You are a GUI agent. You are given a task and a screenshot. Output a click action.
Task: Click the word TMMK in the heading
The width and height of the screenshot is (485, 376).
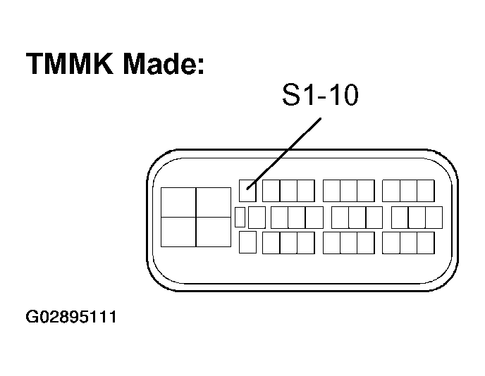pos(70,63)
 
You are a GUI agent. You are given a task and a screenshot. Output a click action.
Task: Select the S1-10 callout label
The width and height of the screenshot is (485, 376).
pos(321,94)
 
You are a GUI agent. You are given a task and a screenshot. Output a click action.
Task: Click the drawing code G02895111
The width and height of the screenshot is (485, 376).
pos(71,317)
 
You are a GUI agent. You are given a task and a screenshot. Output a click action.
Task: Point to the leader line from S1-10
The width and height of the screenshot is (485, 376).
pos(283,153)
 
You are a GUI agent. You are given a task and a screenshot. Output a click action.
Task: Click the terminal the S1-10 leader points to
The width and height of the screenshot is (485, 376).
pos(247,191)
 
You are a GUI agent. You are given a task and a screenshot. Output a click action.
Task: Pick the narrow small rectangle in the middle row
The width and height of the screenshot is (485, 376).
pos(240,217)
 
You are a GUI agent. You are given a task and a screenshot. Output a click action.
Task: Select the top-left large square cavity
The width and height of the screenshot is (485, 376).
pos(178,202)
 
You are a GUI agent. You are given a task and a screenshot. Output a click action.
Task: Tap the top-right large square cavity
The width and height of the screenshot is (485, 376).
pos(214,202)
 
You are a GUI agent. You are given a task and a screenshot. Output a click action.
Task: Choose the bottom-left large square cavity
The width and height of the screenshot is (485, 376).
pos(178,232)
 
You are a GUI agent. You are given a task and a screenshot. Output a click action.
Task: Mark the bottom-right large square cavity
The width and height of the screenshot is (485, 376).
pos(214,232)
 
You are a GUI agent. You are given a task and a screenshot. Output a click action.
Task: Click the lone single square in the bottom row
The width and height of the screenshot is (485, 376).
pos(247,242)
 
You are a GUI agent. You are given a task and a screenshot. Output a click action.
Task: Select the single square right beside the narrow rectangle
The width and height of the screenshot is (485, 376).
pos(257,218)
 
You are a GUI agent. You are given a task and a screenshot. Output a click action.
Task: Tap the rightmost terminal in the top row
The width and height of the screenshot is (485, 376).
pos(426,191)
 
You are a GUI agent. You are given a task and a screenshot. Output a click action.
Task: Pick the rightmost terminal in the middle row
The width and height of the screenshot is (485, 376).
pos(434,218)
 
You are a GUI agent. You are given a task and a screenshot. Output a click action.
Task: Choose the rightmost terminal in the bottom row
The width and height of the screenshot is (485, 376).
pos(426,243)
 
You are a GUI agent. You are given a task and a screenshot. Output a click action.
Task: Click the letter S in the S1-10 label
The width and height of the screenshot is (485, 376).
pos(291,94)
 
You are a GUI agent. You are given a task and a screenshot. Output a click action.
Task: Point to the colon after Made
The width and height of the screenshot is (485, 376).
pos(200,65)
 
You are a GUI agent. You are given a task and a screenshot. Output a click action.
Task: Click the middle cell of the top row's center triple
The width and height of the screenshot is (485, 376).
pos(348,191)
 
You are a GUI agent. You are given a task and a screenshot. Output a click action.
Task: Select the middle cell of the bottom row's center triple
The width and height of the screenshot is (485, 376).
pos(348,243)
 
